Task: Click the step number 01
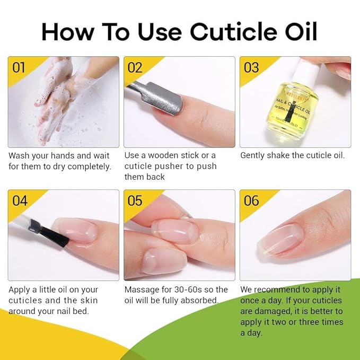pyautogui.click(x=19, y=68)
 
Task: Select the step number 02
pyautogui.click(x=135, y=68)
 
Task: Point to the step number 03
pyautogui.click(x=251, y=68)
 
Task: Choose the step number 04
pyautogui.click(x=20, y=200)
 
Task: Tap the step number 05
pyautogui.click(x=135, y=200)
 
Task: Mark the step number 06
pyautogui.click(x=251, y=200)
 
